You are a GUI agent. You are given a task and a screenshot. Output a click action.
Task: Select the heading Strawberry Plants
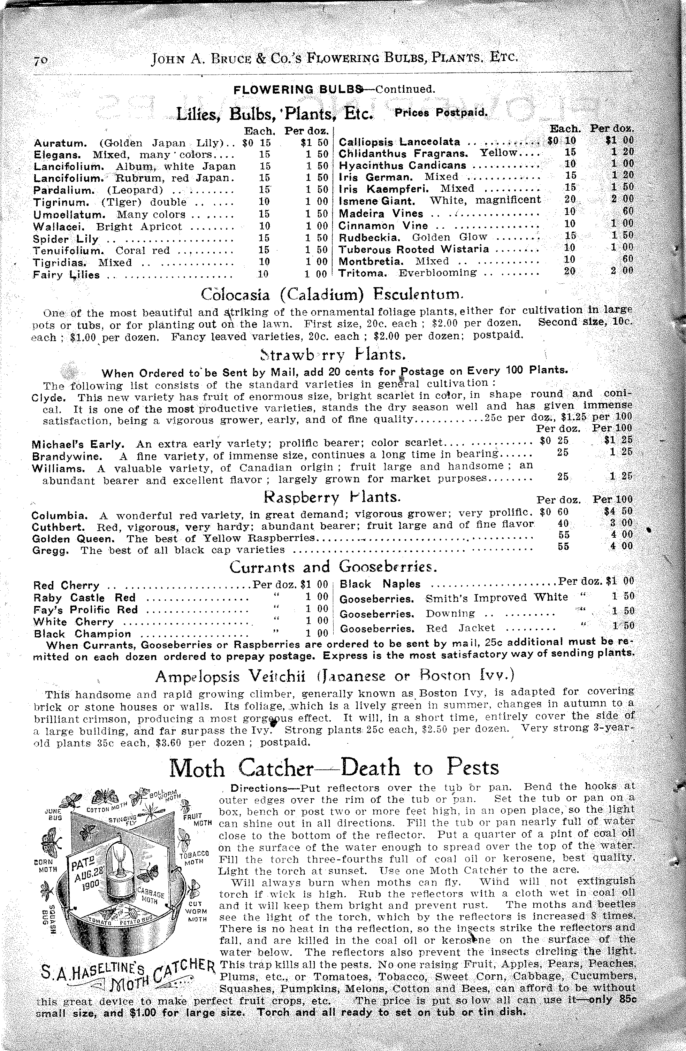coord(334,354)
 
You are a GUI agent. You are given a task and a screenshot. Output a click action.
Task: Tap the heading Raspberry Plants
coord(332,497)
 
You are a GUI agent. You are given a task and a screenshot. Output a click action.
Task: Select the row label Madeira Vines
coord(380,214)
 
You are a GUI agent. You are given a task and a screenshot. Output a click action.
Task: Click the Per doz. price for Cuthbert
coord(562,523)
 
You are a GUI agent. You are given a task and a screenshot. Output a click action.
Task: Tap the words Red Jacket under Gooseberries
coord(460,628)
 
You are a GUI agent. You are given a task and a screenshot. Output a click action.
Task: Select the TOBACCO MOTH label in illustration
coord(194,858)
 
